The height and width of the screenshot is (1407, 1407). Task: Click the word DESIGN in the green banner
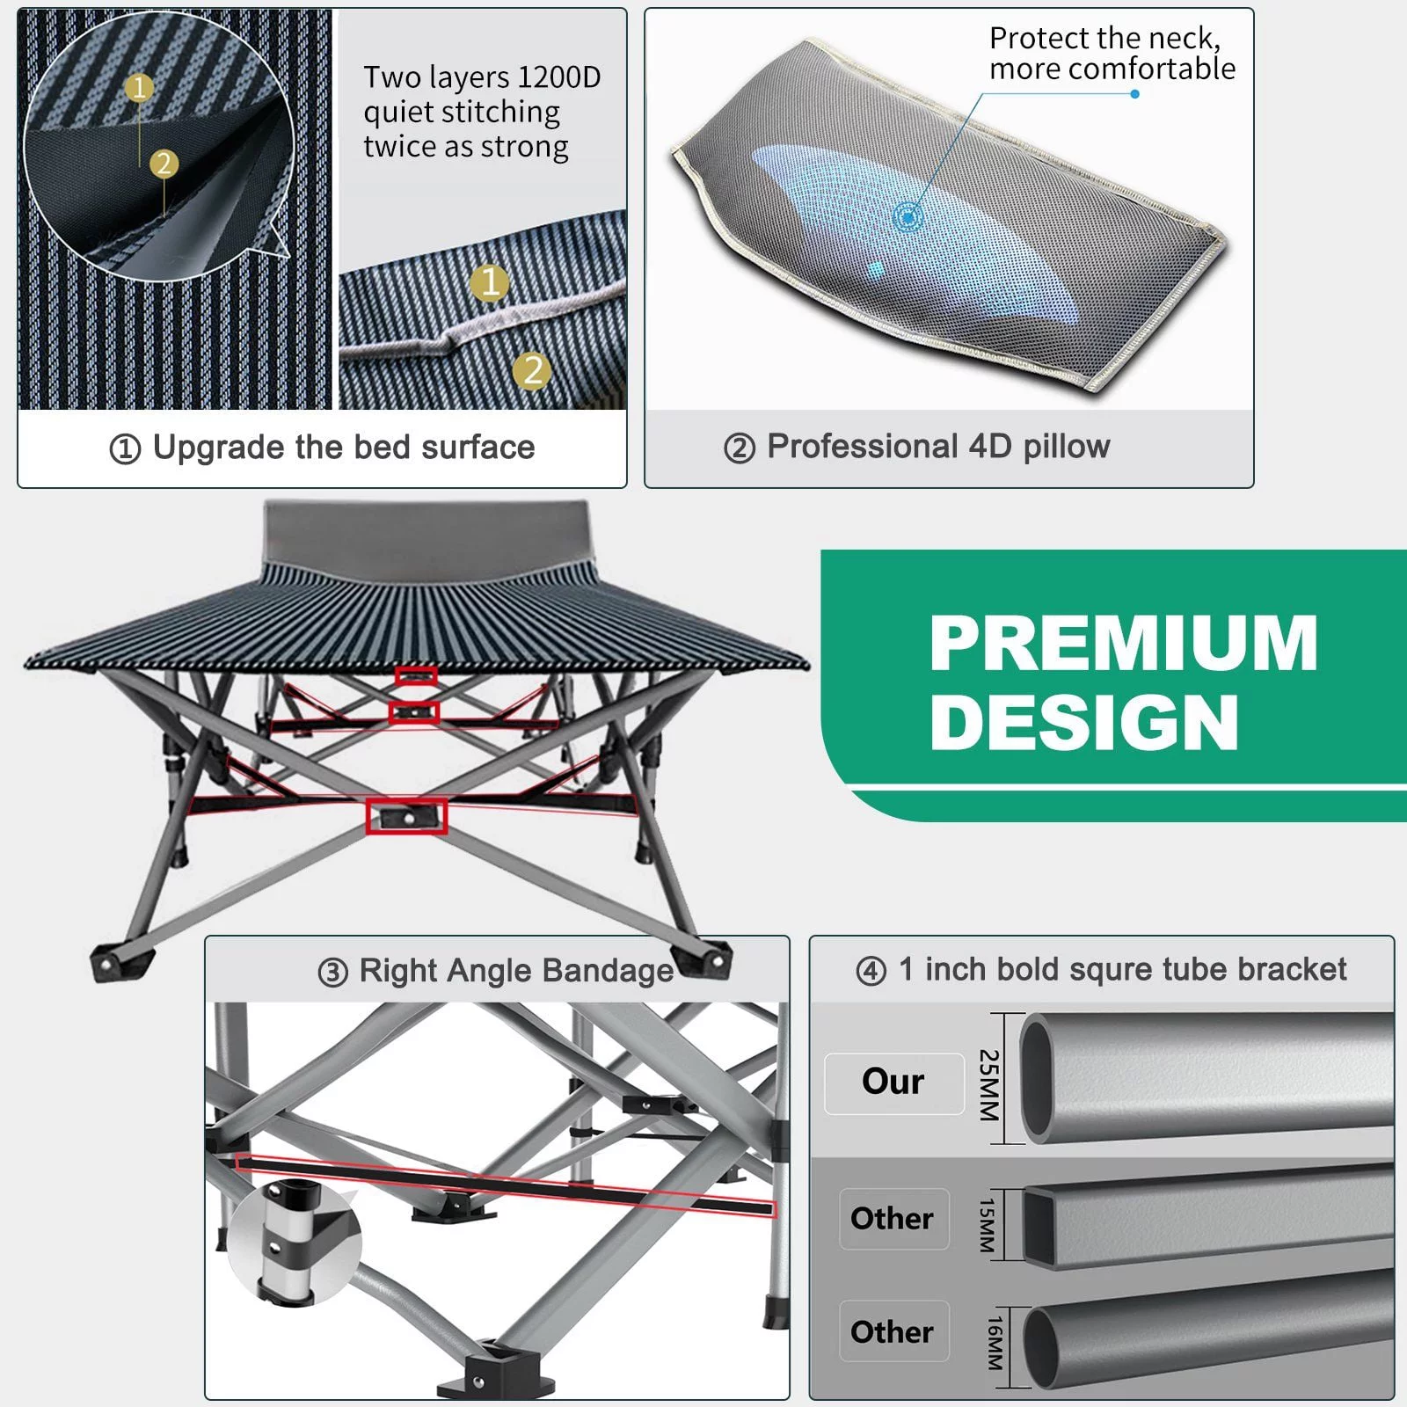point(1083,722)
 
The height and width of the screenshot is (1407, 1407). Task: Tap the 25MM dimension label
point(989,1084)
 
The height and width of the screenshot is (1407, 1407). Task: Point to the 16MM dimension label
point(994,1343)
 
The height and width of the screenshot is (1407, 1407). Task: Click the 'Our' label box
point(893,1083)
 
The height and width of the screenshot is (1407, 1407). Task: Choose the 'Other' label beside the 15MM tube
point(893,1219)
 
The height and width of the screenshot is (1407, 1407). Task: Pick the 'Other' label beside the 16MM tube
point(893,1331)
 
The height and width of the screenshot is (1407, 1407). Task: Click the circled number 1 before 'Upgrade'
point(125,449)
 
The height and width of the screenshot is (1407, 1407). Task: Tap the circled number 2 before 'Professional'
point(740,448)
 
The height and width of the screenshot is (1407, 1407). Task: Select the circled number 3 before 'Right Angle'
point(333,973)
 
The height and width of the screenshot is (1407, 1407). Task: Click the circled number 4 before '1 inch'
point(871,971)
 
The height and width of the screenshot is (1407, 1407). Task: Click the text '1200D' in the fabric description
point(559,77)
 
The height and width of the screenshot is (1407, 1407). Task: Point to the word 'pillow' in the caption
point(1067,447)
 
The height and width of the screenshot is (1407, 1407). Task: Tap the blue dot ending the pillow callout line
point(1134,94)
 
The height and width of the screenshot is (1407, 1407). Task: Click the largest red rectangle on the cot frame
point(406,816)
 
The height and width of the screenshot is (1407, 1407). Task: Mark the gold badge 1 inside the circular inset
point(139,88)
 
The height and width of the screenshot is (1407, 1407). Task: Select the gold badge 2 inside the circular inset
point(164,164)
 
